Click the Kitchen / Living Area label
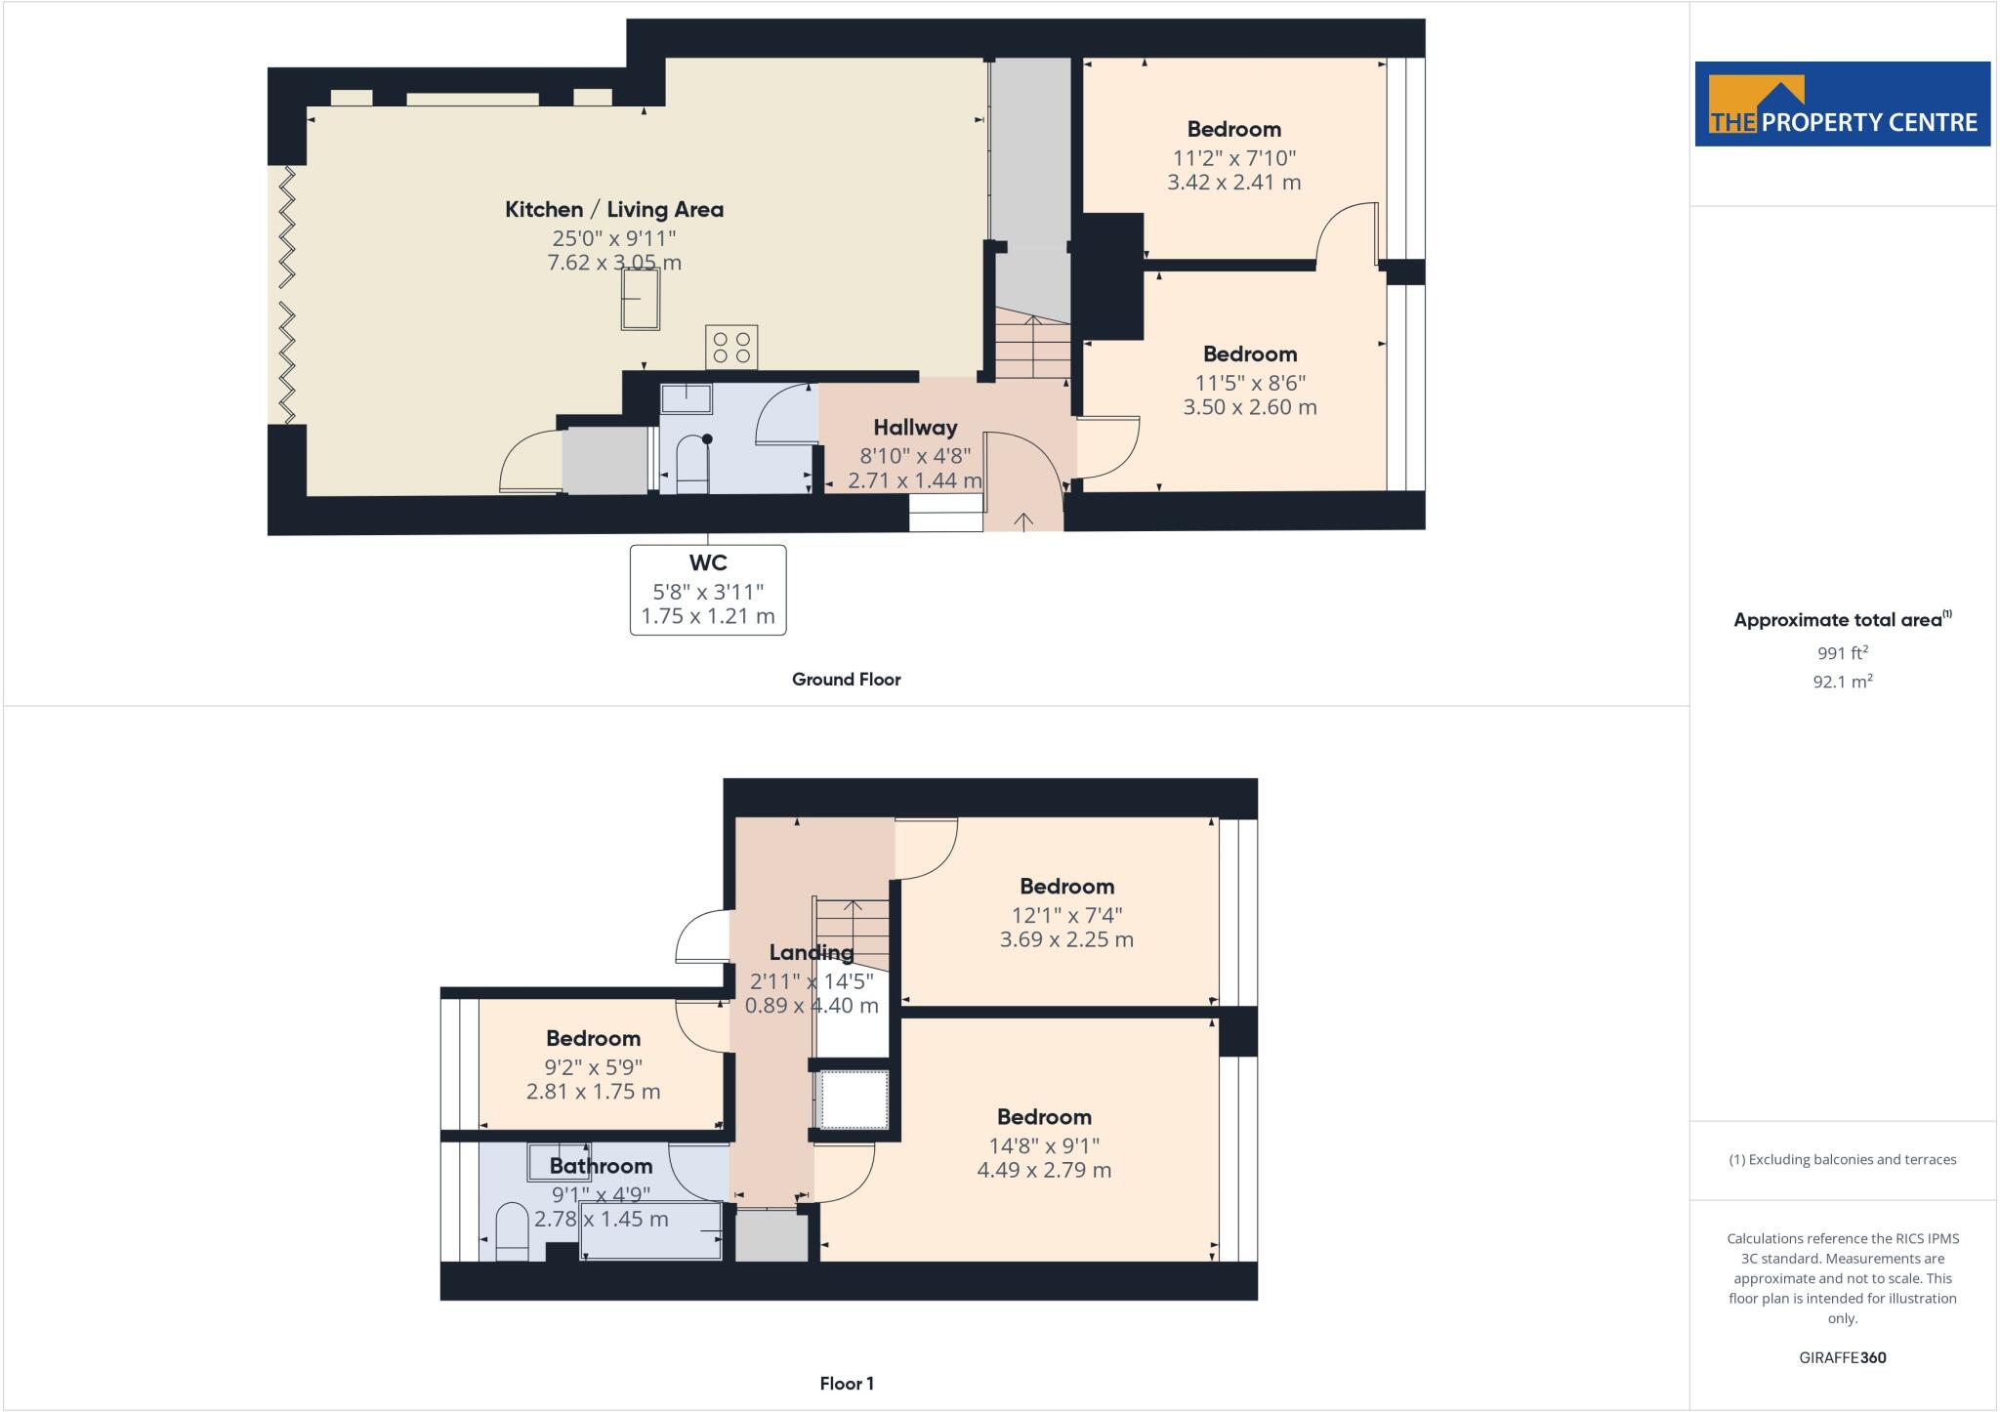pos(613,209)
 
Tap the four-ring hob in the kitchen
pos(731,348)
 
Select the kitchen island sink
pos(640,298)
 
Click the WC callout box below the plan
pos(708,590)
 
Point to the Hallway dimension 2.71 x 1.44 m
pos(914,480)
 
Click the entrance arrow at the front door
pos(1022,521)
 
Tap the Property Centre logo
pos(1842,104)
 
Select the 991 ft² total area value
pos(1842,653)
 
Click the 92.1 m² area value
pos(1842,682)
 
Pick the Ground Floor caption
pos(846,680)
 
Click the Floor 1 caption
pos(847,1384)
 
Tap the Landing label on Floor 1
pos(811,952)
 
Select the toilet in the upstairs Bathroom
pos(512,1232)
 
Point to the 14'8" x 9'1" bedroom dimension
pos(1044,1145)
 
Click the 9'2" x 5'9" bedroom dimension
pos(593,1067)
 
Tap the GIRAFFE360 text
pos(1842,1357)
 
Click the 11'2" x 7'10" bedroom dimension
pos(1233,158)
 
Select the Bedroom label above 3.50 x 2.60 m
pos(1249,353)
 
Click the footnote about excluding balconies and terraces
pos(1842,1160)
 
